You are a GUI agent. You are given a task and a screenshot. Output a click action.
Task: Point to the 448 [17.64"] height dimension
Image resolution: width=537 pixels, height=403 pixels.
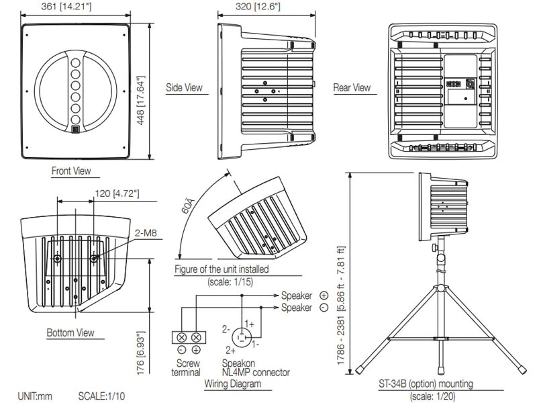point(140,93)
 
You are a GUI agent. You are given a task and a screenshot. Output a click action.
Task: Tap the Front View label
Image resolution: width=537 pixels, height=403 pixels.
point(71,171)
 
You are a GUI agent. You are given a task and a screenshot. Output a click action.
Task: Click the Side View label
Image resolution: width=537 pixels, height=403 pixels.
point(184,88)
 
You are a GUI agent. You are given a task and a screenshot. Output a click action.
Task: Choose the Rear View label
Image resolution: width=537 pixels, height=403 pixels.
point(352,88)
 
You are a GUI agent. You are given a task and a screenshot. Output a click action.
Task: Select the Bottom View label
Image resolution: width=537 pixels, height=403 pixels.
point(70,332)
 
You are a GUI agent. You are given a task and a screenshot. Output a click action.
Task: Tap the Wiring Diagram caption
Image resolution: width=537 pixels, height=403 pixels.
point(232,384)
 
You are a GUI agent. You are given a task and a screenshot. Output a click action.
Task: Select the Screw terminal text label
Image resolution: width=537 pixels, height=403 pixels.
point(186,367)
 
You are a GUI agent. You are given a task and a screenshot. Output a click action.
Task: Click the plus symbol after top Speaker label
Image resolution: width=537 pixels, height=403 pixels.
point(324,296)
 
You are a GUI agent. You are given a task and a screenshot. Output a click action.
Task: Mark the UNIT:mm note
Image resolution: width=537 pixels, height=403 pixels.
point(35,396)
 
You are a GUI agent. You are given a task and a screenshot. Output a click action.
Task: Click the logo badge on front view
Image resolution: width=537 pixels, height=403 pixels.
point(75,130)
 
